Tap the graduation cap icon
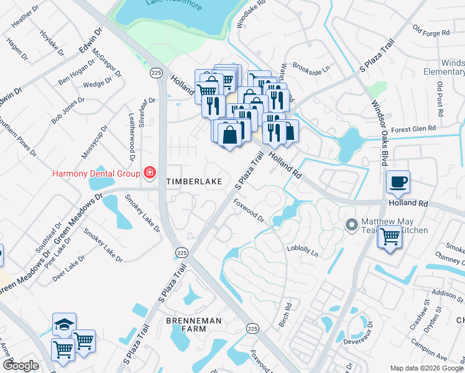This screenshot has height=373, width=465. [64, 325]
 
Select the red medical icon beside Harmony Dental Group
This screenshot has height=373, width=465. [149, 173]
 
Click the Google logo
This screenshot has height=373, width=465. [21, 366]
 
